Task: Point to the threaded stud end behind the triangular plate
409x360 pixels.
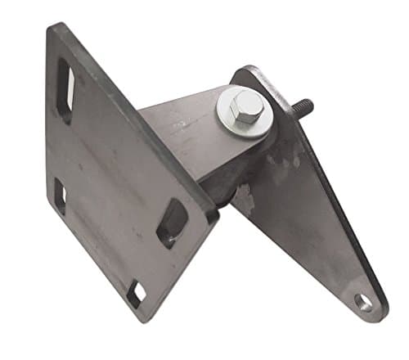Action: coord(302,107)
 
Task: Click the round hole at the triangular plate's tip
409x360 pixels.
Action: coord(363,302)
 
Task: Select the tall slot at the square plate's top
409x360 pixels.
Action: coord(65,84)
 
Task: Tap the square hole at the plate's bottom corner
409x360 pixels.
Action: coord(137,293)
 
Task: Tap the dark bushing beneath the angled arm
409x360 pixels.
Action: coord(217,184)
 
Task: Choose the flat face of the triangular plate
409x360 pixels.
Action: coord(303,205)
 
